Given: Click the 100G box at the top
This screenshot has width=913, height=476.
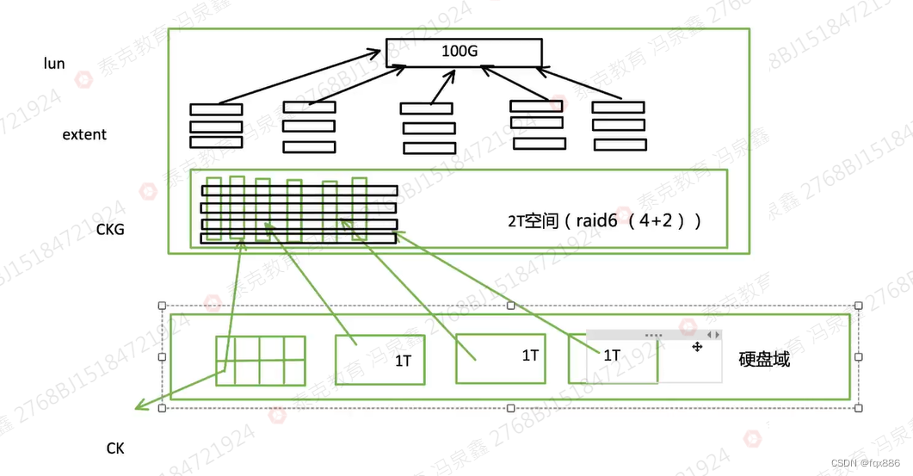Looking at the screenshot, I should [x=463, y=52].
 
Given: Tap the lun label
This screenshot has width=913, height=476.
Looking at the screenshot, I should [x=54, y=64].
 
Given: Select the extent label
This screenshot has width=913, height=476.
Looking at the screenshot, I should [x=84, y=134].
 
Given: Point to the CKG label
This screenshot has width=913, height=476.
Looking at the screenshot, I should [x=110, y=230].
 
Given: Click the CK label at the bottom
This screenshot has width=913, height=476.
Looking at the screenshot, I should [x=115, y=448].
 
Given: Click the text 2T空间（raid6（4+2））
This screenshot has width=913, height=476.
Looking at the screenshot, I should [x=604, y=219].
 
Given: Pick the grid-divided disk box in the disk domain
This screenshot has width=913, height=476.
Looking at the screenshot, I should [x=260, y=360].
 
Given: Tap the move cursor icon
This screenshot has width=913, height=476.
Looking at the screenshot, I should [x=697, y=347].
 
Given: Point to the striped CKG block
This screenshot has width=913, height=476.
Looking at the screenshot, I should [x=299, y=210].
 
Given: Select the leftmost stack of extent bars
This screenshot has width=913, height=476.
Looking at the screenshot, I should [x=216, y=126].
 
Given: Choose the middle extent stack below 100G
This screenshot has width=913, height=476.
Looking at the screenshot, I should [x=428, y=127].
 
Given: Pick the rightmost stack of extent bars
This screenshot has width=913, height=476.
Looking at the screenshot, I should [x=618, y=124].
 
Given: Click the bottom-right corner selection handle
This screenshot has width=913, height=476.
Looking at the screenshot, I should [x=857, y=407].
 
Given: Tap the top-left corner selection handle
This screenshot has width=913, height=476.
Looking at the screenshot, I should [x=162, y=306].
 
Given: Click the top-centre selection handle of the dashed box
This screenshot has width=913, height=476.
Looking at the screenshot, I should [x=510, y=306].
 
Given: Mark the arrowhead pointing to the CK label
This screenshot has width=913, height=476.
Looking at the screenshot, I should [x=139, y=405].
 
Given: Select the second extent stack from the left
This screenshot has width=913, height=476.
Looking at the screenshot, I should [x=309, y=126].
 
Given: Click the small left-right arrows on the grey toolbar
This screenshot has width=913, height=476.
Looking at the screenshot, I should [x=713, y=334].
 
